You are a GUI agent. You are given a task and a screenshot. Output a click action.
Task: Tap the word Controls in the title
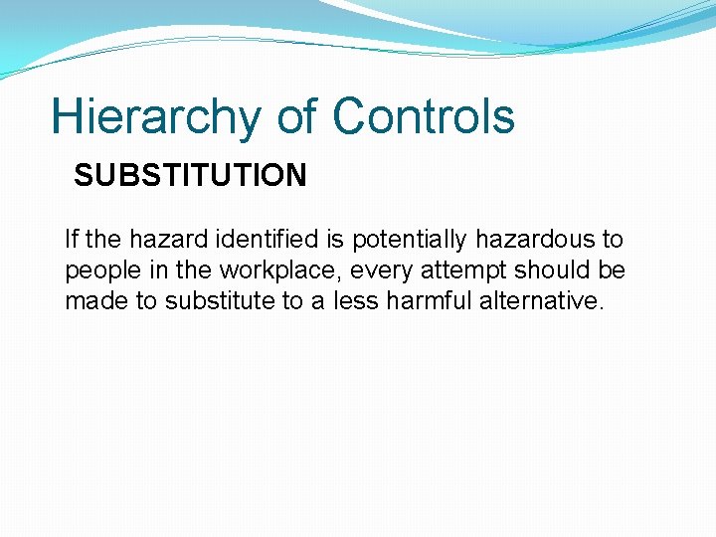pyautogui.click(x=424, y=116)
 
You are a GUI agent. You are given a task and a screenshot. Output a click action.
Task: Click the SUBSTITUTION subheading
pyautogui.click(x=190, y=176)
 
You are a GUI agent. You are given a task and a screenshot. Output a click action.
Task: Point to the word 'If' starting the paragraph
pyautogui.click(x=71, y=240)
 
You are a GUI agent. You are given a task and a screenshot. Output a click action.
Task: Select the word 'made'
pyautogui.click(x=96, y=301)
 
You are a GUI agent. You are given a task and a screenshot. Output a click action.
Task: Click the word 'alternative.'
pyautogui.click(x=541, y=301)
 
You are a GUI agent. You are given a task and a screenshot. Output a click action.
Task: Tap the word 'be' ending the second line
pyautogui.click(x=612, y=270)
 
